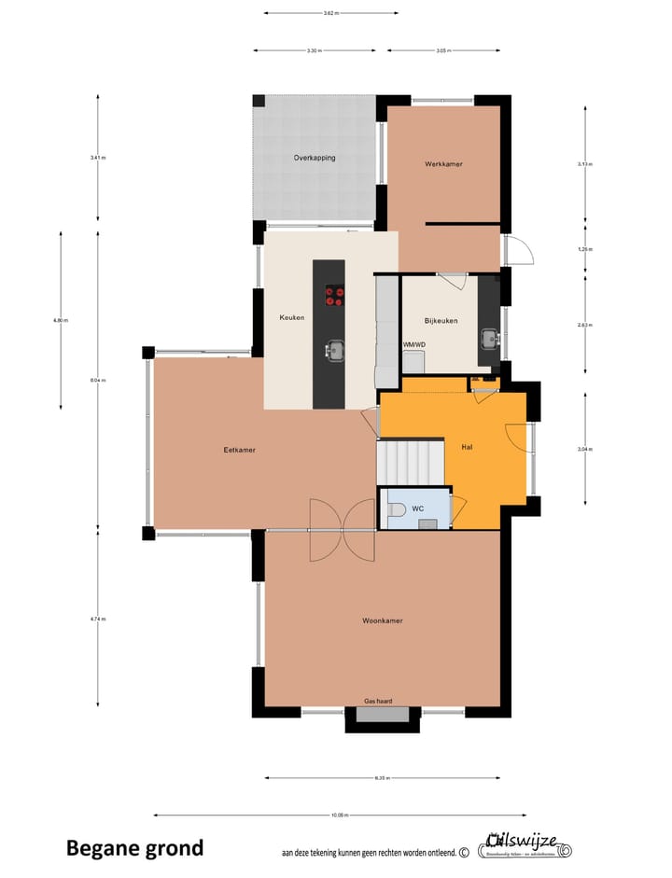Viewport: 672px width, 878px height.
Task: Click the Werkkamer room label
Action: point(443,164)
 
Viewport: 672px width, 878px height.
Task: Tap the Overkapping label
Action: point(315,158)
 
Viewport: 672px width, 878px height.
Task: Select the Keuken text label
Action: point(292,318)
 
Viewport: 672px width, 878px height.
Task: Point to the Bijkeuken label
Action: point(441,321)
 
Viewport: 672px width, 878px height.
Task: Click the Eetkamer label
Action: point(240,450)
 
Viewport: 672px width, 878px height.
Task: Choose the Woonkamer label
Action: point(383,620)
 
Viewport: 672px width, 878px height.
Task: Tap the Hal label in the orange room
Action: point(467,448)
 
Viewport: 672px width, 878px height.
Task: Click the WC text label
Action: point(418,509)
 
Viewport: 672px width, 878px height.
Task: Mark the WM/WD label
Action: point(413,344)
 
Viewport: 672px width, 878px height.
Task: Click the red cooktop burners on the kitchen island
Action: point(334,297)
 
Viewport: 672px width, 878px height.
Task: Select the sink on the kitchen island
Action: point(334,351)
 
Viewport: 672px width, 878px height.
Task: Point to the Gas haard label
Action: point(377,701)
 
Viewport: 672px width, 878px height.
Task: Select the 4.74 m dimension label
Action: point(98,619)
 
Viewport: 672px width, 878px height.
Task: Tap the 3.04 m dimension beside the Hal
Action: point(584,450)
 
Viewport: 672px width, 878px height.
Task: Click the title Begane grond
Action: point(134,848)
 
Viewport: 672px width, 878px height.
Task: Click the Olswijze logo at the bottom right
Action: point(525,844)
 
